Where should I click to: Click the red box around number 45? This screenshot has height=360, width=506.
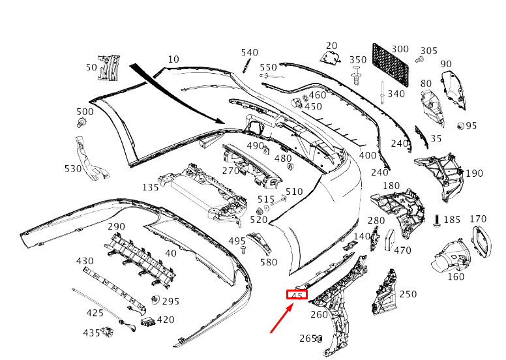297,295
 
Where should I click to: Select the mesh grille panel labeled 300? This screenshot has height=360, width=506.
391,65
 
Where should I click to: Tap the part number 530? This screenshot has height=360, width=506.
73,168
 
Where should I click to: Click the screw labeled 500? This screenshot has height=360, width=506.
82,123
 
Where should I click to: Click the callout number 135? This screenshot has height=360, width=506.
151,187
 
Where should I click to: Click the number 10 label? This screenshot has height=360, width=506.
173,59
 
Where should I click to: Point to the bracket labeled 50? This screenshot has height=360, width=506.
108,67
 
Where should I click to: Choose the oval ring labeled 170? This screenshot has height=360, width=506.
482,241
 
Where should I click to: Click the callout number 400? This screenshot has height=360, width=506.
368,155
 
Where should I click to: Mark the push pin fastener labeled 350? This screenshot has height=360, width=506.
356,76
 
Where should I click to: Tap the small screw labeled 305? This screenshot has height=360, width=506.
420,59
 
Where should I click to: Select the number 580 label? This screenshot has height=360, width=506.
269,262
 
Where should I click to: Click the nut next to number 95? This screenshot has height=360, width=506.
461,126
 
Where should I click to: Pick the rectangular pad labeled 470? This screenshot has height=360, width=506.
389,240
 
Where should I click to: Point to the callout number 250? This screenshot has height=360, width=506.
408,294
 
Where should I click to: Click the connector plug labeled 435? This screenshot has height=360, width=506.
107,331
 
